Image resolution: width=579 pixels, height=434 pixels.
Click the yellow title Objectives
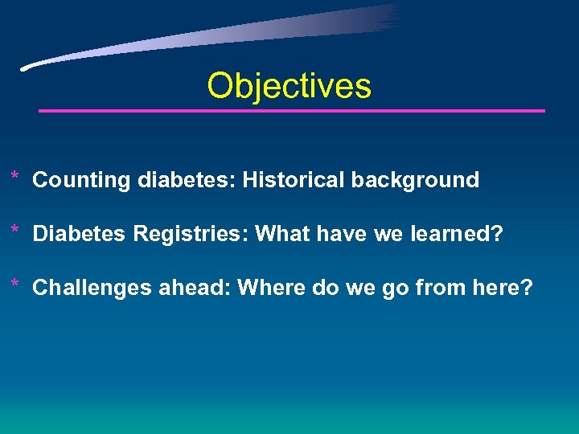(289, 86)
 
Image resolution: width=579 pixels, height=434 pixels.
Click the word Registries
(191, 235)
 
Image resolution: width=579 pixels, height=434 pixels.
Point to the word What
(282, 235)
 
